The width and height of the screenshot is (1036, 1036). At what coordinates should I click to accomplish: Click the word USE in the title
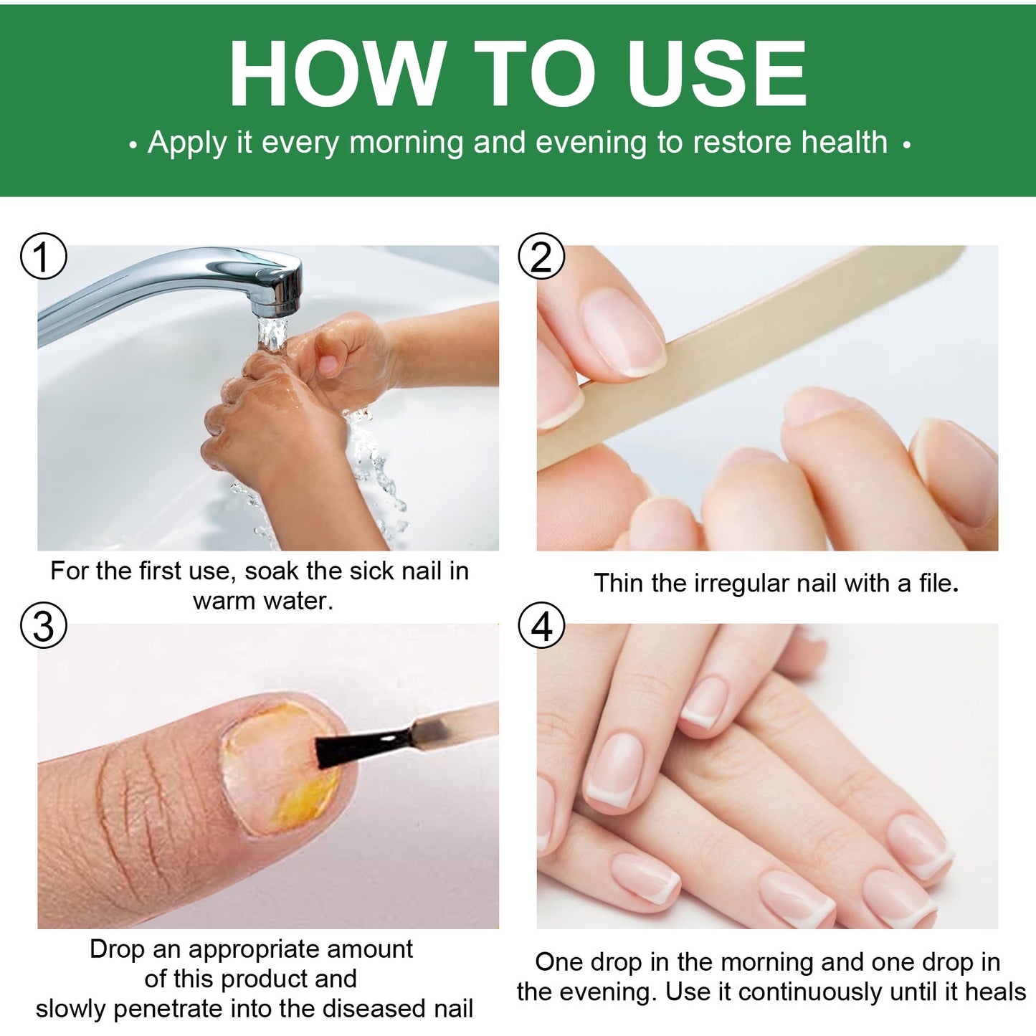716,74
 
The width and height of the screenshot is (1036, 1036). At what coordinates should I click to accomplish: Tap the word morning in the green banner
406,142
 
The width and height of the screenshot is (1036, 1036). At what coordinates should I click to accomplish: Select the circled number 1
43,256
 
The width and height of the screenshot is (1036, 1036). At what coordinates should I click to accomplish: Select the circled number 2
541,256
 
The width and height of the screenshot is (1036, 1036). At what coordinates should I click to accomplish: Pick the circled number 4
541,625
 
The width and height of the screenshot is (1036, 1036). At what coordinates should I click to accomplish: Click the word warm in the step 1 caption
222,601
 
